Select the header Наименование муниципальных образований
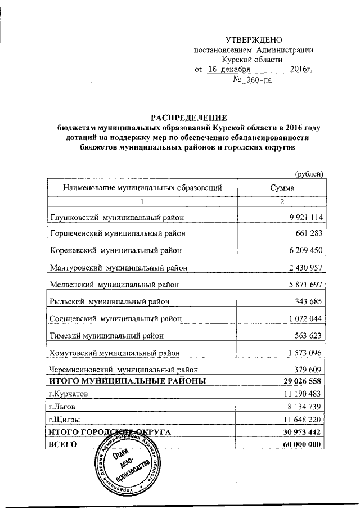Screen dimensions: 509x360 coord(139,187)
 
